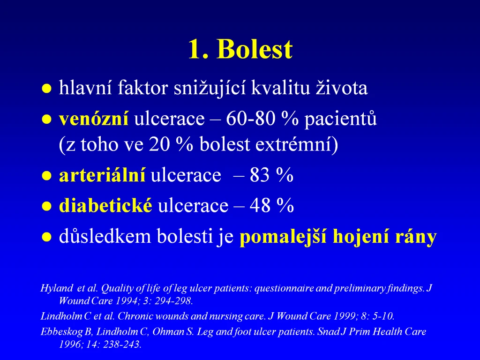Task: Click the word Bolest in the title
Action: [255, 49]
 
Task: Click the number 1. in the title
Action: [198, 49]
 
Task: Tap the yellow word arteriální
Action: [102, 175]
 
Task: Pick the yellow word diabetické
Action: [105, 205]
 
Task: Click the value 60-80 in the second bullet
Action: [251, 119]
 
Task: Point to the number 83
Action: [260, 175]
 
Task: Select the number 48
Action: [260, 205]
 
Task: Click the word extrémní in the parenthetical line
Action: [297, 144]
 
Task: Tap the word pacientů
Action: [340, 119]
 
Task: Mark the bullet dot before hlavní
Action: [46, 89]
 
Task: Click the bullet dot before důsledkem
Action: [46, 237]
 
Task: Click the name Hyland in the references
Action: [57, 288]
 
